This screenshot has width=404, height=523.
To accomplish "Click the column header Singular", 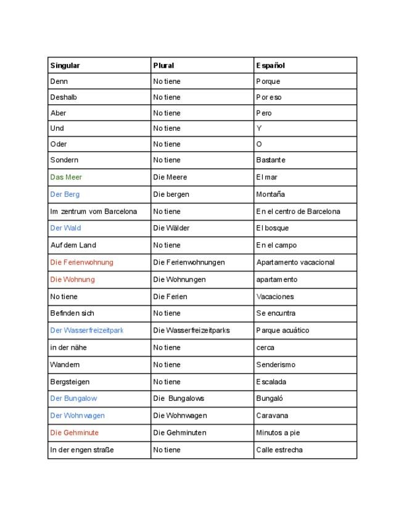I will pyautogui.click(x=65, y=65).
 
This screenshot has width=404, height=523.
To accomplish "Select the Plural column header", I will pyautogui.click(x=163, y=65).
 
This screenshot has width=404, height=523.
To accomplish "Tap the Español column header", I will pyautogui.click(x=270, y=65).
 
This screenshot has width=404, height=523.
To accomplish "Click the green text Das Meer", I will pyautogui.click(x=66, y=177).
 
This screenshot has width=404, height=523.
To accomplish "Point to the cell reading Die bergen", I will pyautogui.click(x=171, y=194).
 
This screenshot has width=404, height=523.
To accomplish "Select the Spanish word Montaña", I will pyautogui.click(x=270, y=194).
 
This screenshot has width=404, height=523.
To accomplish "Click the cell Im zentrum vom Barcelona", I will pyautogui.click(x=94, y=212).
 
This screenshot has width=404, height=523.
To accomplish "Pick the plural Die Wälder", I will pyautogui.click(x=171, y=228).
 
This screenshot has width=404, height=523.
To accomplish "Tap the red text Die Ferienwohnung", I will pyautogui.click(x=81, y=262).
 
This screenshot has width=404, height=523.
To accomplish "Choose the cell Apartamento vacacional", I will pyautogui.click(x=295, y=262).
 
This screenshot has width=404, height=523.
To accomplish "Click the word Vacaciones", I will pyautogui.click(x=274, y=297).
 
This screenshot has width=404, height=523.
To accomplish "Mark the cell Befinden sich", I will pyautogui.click(x=72, y=313).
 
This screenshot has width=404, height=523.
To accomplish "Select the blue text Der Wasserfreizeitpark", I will pyautogui.click(x=86, y=331).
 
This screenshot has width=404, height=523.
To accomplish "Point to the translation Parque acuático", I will pyautogui.click(x=282, y=331).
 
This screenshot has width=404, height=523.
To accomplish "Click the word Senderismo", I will pyautogui.click(x=275, y=364).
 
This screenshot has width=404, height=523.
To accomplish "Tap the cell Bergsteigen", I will pyautogui.click(x=70, y=382).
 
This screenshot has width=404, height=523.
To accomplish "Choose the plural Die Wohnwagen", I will pyautogui.click(x=179, y=416).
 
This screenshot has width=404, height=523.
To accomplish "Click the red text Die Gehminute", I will pyautogui.click(x=74, y=433).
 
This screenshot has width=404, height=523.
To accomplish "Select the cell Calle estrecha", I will pyautogui.click(x=279, y=450).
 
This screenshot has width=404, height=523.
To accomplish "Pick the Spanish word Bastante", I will pyautogui.click(x=270, y=160).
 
